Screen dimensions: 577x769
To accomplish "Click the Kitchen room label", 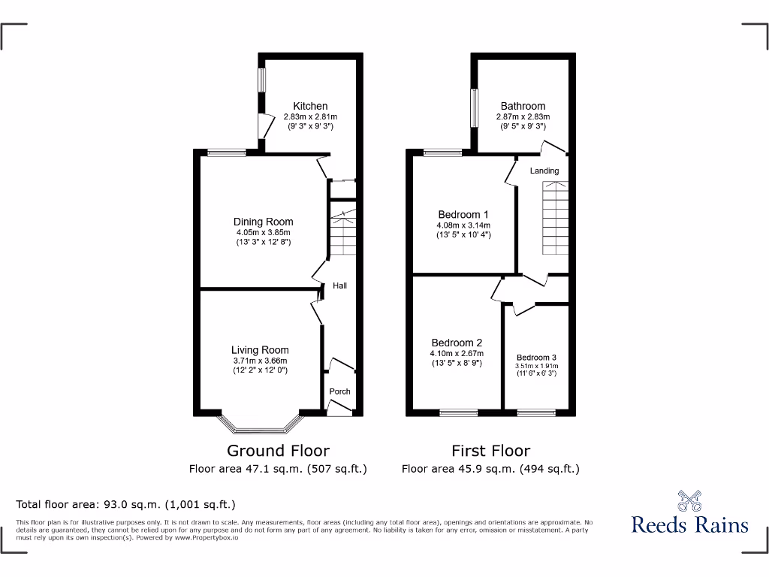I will (310, 106).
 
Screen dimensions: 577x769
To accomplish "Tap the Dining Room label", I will (263, 222).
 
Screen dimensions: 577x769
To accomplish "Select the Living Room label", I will (260, 350).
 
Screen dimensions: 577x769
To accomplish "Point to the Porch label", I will (339, 391).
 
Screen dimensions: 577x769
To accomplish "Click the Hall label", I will (340, 285).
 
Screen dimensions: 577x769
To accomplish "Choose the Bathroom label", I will (523, 106).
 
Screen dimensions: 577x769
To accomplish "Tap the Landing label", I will (544, 171).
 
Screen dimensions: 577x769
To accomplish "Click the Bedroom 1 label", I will (463, 215).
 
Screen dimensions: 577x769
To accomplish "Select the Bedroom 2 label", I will (457, 343).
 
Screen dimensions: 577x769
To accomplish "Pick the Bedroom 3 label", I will (536, 358).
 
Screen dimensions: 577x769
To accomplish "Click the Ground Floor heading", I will (278, 451).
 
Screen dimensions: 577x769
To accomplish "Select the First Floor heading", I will (490, 451).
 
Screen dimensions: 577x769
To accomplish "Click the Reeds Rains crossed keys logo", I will (689, 500).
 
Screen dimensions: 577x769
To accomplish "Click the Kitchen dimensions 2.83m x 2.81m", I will (310, 117).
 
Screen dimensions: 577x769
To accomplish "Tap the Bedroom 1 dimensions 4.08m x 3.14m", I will (463, 225).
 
